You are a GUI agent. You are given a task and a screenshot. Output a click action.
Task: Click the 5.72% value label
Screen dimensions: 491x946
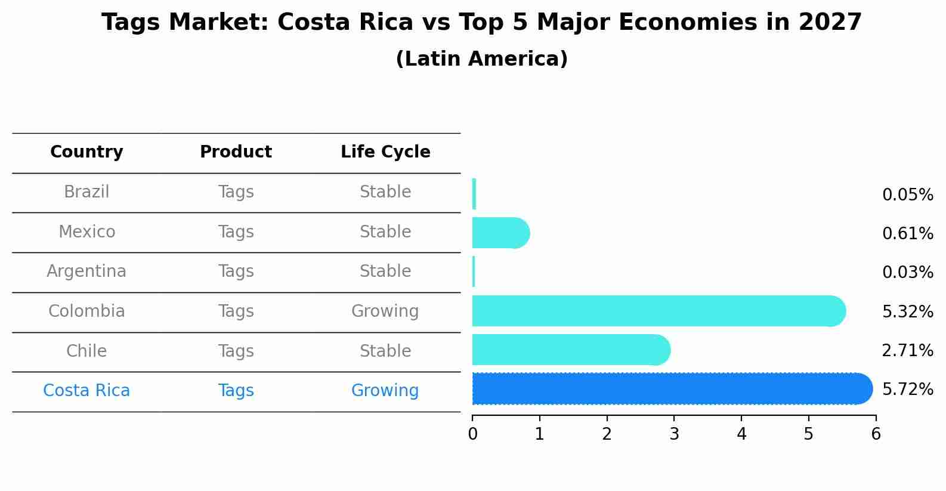[x=907, y=390]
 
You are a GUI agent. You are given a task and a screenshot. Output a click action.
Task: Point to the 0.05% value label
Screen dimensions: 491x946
[x=907, y=195]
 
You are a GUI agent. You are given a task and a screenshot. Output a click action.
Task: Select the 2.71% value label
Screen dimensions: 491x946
[x=907, y=351]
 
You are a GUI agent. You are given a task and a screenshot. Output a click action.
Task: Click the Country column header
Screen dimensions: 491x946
[x=86, y=152]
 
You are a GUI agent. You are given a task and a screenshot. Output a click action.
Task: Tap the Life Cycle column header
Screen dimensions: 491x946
[x=385, y=152]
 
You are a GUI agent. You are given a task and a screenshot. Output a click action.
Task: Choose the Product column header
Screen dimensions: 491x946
[x=236, y=152]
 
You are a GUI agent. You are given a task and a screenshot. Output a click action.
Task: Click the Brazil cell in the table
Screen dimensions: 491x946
[x=86, y=192]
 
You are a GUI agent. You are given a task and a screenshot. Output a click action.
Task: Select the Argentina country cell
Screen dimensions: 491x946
[x=86, y=271]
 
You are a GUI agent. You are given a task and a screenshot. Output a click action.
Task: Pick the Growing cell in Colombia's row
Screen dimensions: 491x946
[x=385, y=311]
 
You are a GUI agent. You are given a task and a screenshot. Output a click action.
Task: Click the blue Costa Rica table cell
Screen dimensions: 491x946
[x=86, y=391]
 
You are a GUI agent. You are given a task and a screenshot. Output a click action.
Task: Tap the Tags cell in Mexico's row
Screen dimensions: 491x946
[x=236, y=232]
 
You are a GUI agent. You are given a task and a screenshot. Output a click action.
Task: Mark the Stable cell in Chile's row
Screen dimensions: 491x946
[x=385, y=351]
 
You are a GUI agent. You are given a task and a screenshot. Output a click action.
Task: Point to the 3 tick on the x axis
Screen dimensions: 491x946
[x=674, y=434]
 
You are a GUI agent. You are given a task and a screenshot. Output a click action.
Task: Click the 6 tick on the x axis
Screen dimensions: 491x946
[x=876, y=434]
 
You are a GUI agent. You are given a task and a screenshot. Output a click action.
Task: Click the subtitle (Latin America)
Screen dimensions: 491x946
[x=481, y=59]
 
